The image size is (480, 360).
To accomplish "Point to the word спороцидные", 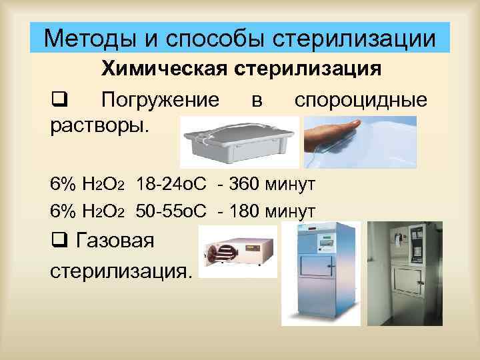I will [361, 100].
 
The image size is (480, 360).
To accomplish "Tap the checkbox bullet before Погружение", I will [57, 101].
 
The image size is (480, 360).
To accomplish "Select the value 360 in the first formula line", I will [250, 183].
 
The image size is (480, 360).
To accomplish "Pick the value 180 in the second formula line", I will [250, 211].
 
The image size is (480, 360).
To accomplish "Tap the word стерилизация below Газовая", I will [120, 271].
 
